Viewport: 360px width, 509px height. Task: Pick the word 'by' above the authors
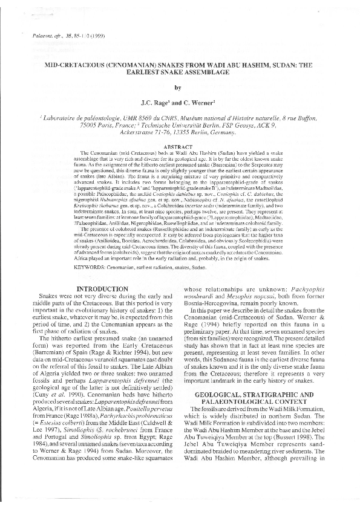180,88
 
